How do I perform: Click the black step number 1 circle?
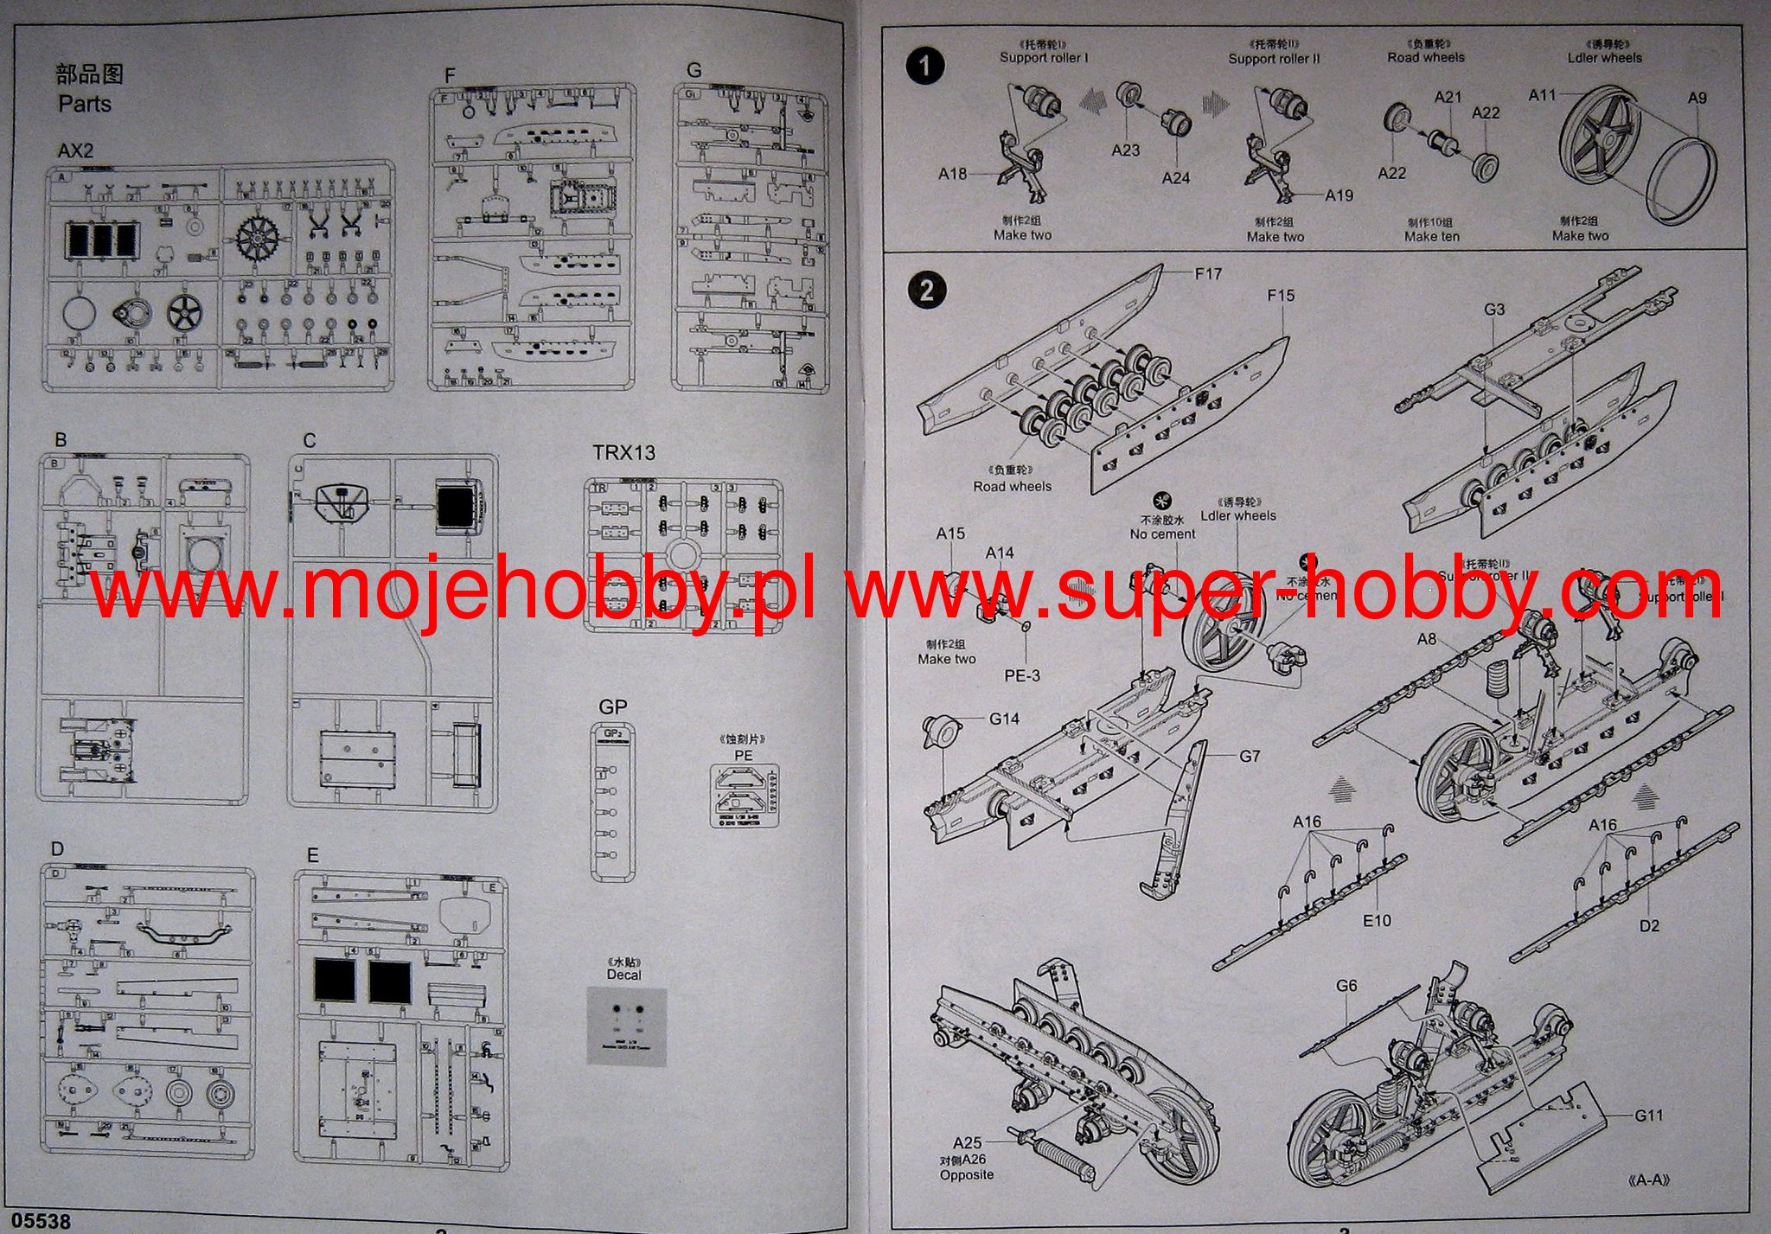925,66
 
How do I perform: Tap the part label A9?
1697,98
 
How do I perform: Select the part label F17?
1208,273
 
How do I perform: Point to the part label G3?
1494,309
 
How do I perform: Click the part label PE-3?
1022,675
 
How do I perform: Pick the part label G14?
1004,718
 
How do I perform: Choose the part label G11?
1648,1115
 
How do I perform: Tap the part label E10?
1377,921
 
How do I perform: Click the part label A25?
968,1143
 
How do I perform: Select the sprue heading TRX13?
623,452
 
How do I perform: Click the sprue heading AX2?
75,150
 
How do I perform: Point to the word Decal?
623,975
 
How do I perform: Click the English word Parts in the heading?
85,104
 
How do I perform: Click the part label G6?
1346,986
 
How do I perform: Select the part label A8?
1427,639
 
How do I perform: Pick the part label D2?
1649,925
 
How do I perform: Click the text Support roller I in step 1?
1044,57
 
